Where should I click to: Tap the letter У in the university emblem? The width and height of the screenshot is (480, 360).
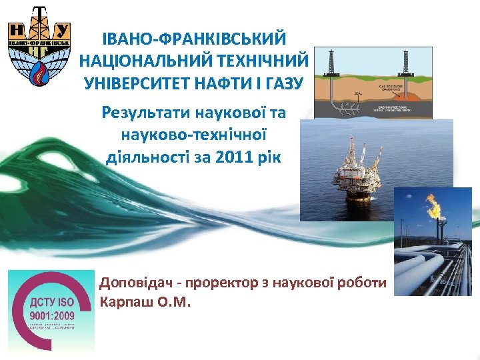point(62,31)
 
